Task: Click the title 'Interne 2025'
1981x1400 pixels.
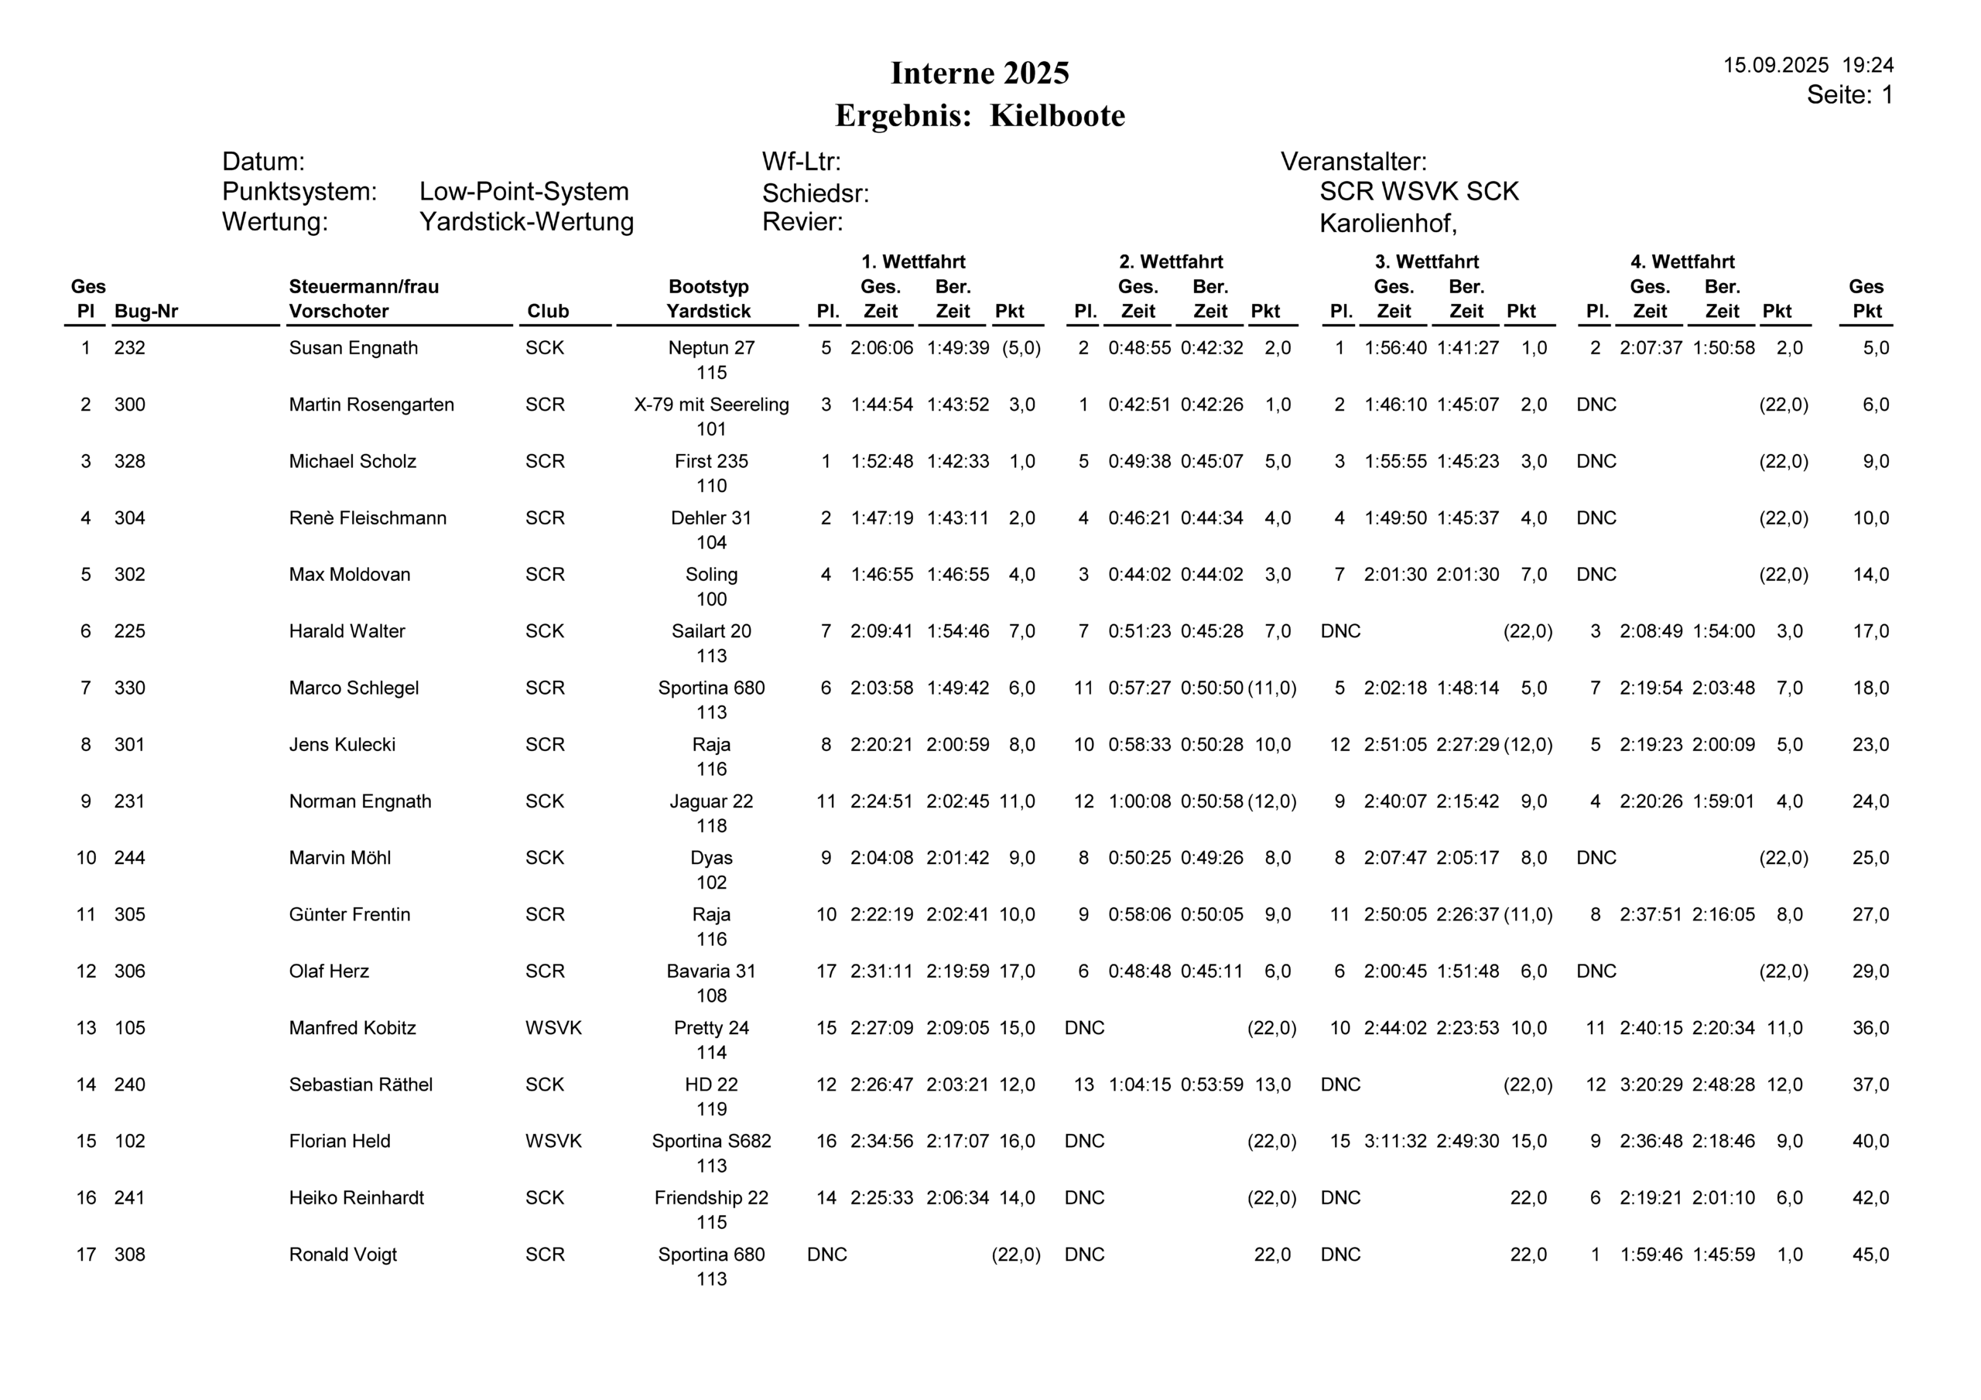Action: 980,73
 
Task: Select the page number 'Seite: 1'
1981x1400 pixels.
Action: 1849,95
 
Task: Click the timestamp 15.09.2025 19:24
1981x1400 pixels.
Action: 1808,66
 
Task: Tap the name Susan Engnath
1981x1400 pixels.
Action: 353,349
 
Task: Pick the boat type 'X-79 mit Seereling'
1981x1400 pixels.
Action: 711,405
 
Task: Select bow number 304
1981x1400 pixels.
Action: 129,518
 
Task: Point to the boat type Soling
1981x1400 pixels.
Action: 711,575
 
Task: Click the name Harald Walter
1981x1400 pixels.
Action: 347,631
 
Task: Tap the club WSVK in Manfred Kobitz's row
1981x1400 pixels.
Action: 553,1028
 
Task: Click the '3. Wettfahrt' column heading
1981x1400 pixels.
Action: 1426,262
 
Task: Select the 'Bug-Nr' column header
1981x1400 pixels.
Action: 145,312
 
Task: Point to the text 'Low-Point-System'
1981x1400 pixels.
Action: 524,192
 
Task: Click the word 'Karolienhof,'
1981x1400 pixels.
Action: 1387,224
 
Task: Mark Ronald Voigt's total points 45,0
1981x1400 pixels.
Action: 1870,1255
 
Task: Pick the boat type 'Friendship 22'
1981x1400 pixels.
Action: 711,1198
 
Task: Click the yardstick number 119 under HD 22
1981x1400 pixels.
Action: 711,1109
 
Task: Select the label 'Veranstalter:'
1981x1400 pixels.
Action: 1353,162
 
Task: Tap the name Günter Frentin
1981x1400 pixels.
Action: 350,915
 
